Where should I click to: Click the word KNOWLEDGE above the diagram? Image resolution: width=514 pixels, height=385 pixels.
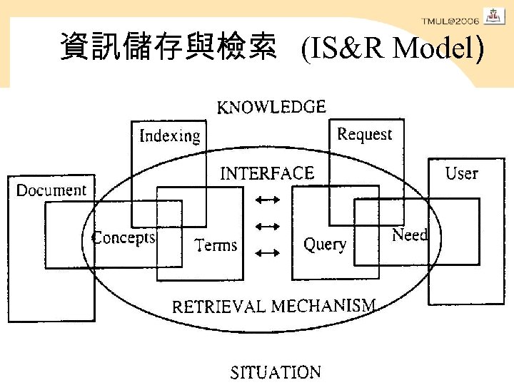pos(271,108)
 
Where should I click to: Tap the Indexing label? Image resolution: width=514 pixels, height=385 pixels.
pos(170,135)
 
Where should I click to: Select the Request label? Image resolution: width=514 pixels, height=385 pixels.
pos(365,134)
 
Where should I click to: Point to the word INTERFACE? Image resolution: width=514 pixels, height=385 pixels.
pos(266,173)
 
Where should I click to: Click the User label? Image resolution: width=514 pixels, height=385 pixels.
pos(461,173)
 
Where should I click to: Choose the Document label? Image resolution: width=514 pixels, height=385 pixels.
pos(51,190)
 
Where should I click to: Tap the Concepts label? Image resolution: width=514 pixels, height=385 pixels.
pos(124,237)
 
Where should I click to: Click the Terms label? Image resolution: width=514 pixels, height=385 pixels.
pos(216,245)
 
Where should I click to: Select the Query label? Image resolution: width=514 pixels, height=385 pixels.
pos(325,245)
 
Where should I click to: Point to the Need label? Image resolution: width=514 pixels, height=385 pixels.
pos(410,235)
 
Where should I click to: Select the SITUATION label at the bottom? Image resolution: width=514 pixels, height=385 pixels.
pos(275,372)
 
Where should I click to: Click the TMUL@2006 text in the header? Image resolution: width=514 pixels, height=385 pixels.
pos(450,21)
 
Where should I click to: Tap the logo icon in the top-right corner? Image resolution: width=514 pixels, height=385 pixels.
pos(494,16)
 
